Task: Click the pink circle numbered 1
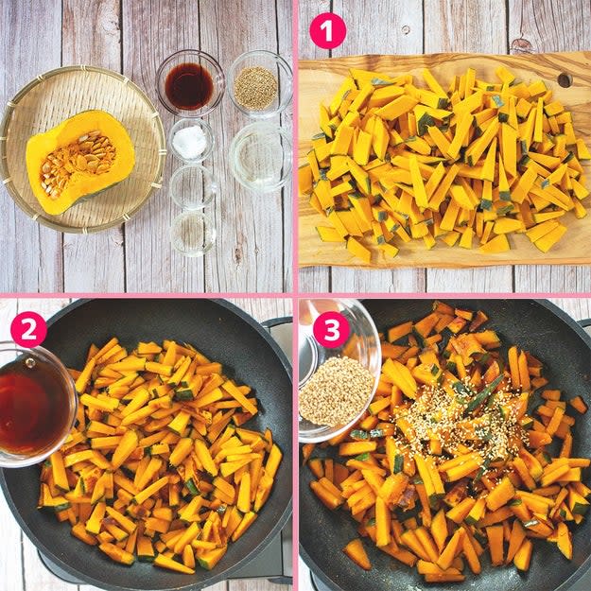327,31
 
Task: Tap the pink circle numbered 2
28,329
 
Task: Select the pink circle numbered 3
331,329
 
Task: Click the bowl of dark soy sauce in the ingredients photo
190,83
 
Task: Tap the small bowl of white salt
191,141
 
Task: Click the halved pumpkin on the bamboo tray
80,162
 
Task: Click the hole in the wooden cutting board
565,80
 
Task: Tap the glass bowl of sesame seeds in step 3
338,372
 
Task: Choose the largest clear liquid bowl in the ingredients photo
260,157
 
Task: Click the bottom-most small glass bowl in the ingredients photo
193,234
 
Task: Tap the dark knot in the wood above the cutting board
522,45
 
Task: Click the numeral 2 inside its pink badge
28,329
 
